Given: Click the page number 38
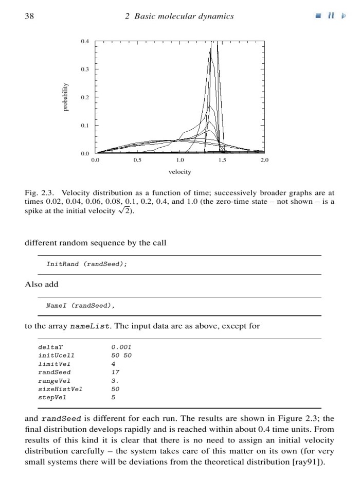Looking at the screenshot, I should [29, 16].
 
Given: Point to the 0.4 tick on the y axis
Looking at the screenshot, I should [85, 41].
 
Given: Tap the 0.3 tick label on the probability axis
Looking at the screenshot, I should [85, 69].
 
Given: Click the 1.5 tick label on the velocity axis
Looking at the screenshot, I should [222, 160].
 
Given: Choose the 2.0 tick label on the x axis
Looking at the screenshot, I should [264, 160].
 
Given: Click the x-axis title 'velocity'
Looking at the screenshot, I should [179, 171].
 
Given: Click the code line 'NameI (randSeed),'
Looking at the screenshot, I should [80, 305].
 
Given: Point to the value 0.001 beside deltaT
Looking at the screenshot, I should [121, 347].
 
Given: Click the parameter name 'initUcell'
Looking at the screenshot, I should [57, 355].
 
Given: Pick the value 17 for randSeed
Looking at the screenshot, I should [115, 372].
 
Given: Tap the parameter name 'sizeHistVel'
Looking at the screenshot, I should [60, 389].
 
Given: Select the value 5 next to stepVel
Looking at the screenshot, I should [113, 397].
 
